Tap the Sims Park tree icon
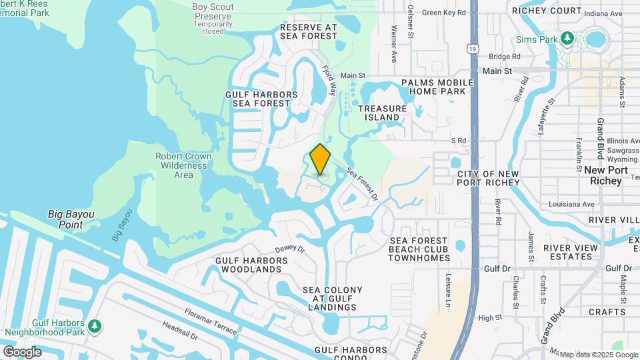click(567, 38)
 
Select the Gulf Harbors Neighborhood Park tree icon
click(96, 325)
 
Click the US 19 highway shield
click(472, 49)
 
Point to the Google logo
click(21, 351)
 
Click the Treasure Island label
click(383, 113)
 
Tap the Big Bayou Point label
click(71, 219)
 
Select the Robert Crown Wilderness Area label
click(183, 165)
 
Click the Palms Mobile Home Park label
click(437, 87)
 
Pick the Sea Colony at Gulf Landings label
click(333, 299)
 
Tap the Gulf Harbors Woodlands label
click(251, 265)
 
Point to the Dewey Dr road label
click(290, 249)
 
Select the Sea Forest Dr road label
click(362, 183)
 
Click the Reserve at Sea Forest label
click(309, 31)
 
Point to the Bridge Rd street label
click(504, 57)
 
